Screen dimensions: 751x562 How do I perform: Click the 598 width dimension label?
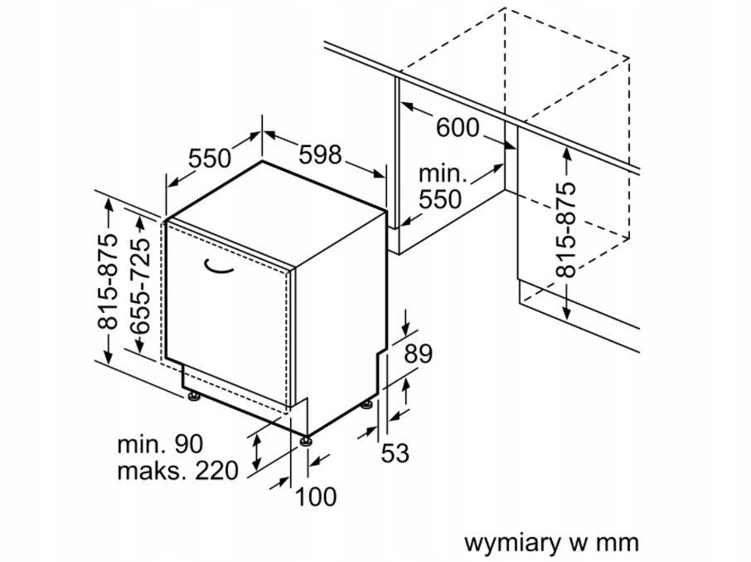coord(320,154)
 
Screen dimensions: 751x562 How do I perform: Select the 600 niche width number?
coord(458,128)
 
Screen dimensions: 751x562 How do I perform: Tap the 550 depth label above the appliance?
coord(210,159)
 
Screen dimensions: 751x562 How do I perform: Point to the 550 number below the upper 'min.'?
coord(440,199)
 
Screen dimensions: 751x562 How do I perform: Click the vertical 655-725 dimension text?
coord(140,286)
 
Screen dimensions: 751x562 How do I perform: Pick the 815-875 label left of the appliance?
coord(107,281)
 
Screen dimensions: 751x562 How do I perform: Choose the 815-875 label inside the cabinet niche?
coord(565,230)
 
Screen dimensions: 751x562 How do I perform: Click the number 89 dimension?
coord(418,354)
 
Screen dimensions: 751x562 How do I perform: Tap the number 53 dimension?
coord(395,453)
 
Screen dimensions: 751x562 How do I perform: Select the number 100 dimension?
coord(316,496)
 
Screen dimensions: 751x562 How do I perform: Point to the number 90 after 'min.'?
coord(188,444)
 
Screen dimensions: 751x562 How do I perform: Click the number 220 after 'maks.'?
coord(216,471)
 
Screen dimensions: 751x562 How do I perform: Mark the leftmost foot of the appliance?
coord(194,397)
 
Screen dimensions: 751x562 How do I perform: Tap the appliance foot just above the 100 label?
coord(306,441)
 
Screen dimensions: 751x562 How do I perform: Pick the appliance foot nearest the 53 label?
coord(367,405)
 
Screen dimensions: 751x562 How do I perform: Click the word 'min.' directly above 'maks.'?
coord(141,444)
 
